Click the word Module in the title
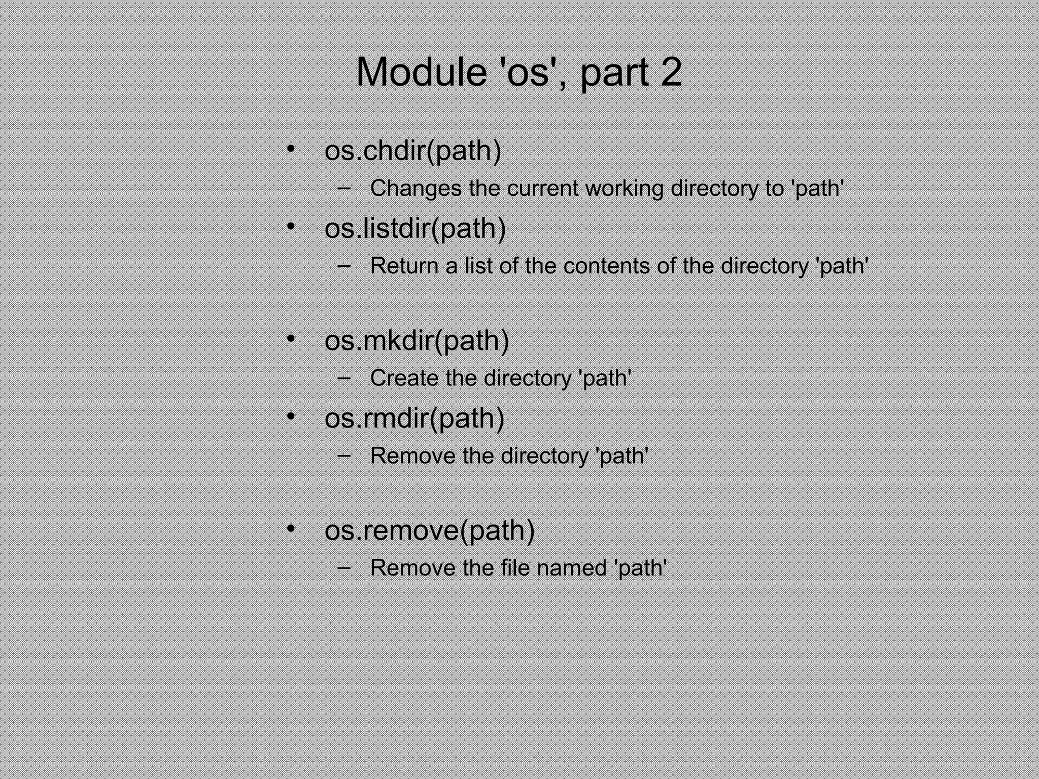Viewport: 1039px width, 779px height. click(421, 73)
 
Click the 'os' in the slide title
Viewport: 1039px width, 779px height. click(528, 73)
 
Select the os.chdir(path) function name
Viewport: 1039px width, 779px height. click(412, 151)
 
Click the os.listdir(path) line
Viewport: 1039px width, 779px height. click(415, 228)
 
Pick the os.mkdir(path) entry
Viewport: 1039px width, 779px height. click(417, 340)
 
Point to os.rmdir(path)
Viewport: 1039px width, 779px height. click(414, 418)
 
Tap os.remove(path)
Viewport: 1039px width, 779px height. click(430, 530)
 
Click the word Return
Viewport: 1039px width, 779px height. click(404, 266)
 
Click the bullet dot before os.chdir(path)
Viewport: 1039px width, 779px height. click(291, 149)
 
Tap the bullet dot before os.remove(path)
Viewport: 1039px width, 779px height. click(291, 529)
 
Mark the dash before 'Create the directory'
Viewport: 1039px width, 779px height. click(344, 378)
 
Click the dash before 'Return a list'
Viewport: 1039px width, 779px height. click(344, 266)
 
